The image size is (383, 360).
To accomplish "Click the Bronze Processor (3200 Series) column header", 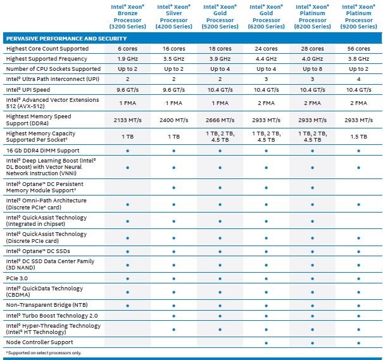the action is pos(127,16).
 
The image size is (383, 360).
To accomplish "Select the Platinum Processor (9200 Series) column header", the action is pos(358,16).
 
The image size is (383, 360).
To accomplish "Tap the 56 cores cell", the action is pos(358,49).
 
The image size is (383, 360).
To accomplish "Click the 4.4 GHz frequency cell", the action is pos(267,59).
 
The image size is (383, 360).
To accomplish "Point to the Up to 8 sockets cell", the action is pos(312,69).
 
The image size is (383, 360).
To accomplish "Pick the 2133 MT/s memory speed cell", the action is pos(127,120).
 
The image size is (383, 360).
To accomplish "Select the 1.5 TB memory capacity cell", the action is pos(358,137).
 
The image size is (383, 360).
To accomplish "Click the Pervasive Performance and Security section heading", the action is pos(66,39).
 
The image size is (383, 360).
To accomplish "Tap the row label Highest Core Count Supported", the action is pos(47,49).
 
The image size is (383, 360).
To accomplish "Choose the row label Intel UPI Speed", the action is pos(28,90).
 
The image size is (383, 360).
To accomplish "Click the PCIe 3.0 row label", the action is pos(17,278).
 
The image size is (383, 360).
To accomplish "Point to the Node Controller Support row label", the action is pos(40,342).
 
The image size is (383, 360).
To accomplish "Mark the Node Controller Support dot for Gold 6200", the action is pos(267,343).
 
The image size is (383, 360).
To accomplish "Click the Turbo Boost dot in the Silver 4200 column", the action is pos(173,316).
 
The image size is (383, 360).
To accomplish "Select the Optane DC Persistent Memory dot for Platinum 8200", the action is pos(312,188).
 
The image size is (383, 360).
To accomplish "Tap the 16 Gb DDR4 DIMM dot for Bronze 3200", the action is pos(127,151).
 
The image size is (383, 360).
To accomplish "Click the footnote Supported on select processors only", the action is pos(44,353).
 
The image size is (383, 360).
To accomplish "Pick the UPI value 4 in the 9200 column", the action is pos(358,79).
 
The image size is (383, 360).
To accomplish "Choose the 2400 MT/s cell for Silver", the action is pos(173,120).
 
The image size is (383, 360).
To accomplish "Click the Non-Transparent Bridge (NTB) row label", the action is pos(47,305).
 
